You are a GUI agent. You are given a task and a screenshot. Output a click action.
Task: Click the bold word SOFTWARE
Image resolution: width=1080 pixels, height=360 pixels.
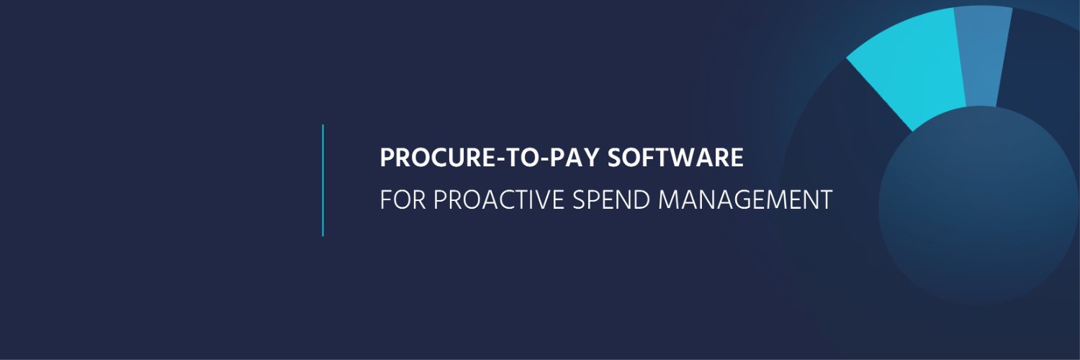[675, 158]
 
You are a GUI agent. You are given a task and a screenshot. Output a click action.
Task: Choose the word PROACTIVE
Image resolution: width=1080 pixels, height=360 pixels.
[498, 199]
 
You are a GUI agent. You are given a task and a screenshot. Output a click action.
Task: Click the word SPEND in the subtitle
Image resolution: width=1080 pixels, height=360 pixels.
[611, 199]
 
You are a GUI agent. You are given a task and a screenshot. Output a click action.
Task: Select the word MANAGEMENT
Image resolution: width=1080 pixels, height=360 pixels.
[745, 199]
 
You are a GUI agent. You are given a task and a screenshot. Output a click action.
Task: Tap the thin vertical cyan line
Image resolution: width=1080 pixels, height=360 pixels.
[323, 180]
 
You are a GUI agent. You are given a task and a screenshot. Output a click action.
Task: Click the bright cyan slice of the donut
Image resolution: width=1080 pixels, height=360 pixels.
[912, 68]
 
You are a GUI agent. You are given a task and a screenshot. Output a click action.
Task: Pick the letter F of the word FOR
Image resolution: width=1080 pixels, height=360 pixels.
[386, 199]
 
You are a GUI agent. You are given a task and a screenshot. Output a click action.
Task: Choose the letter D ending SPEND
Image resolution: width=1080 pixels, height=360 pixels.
[642, 199]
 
